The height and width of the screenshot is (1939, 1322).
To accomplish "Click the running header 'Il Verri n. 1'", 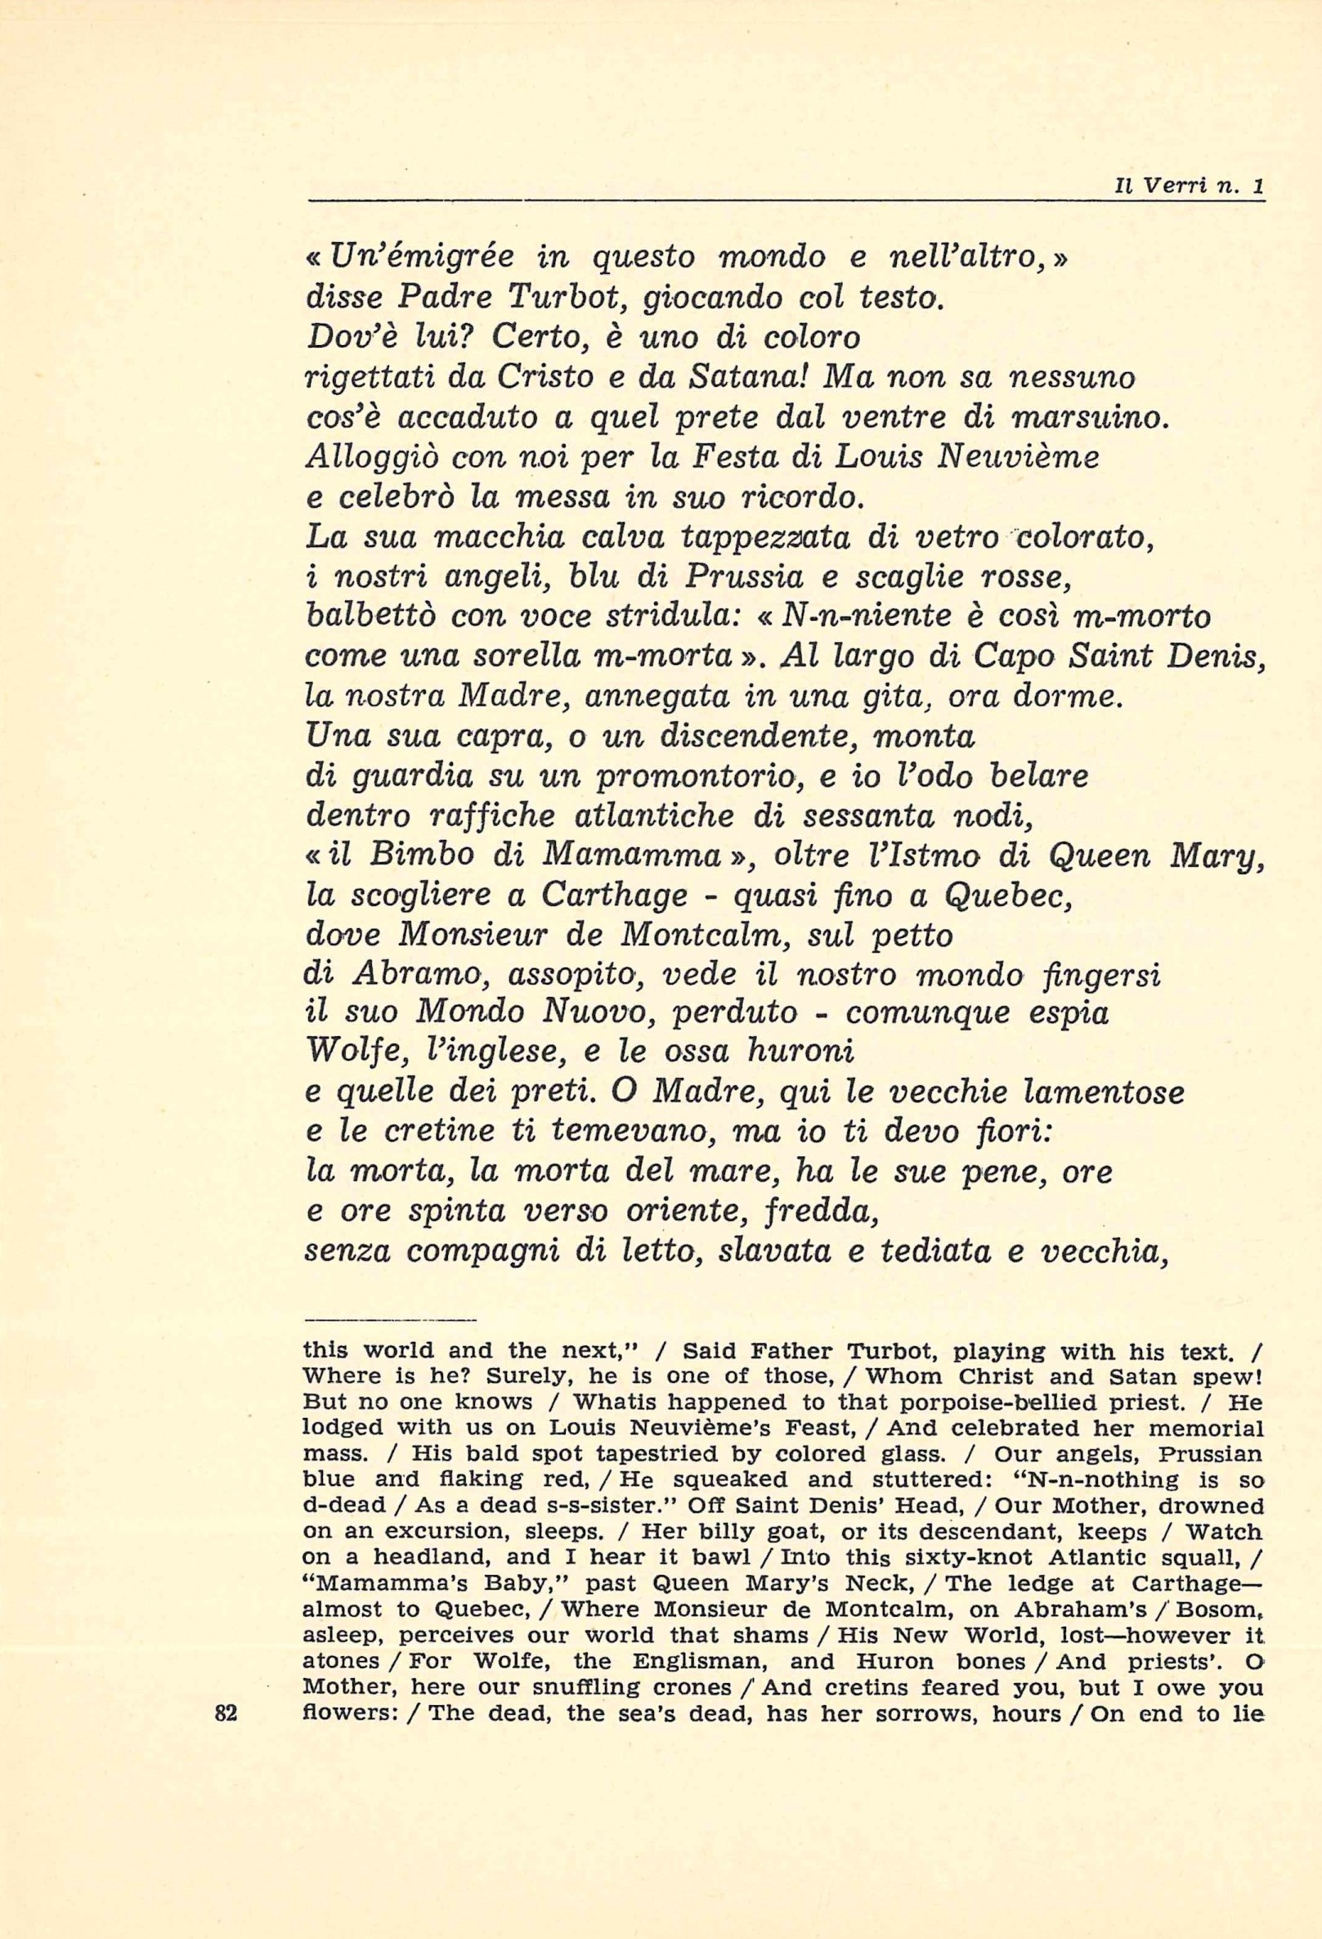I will point(1190,189).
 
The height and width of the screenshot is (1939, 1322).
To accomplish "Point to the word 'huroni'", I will point(801,1053).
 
